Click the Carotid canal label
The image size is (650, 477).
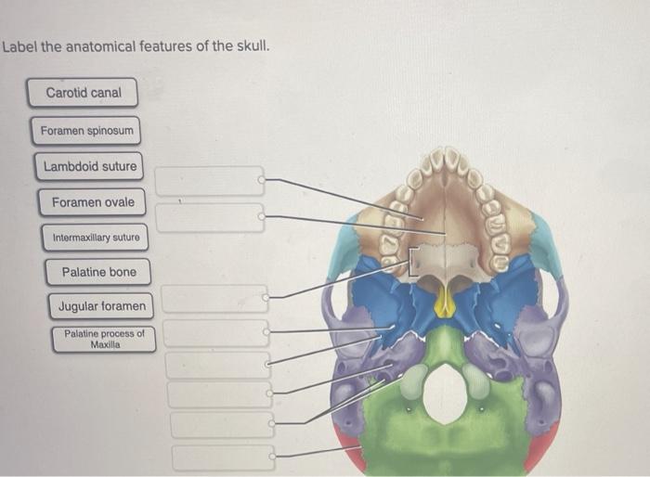click(x=85, y=93)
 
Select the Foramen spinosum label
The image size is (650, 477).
click(x=87, y=131)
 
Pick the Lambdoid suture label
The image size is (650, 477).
click(x=90, y=166)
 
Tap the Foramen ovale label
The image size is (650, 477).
click(x=92, y=202)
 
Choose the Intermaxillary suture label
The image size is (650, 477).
click(x=96, y=238)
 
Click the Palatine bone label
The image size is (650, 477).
click(x=98, y=272)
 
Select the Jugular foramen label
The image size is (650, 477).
click(x=101, y=305)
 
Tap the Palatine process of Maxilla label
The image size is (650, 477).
click(x=104, y=339)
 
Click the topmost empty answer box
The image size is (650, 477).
click(x=209, y=180)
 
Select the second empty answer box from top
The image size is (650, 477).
click(x=209, y=218)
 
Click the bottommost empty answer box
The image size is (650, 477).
click(x=223, y=457)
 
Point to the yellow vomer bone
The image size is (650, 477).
click(x=446, y=302)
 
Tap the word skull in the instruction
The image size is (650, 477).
click(x=250, y=45)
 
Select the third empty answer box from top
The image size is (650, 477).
click(x=214, y=298)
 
